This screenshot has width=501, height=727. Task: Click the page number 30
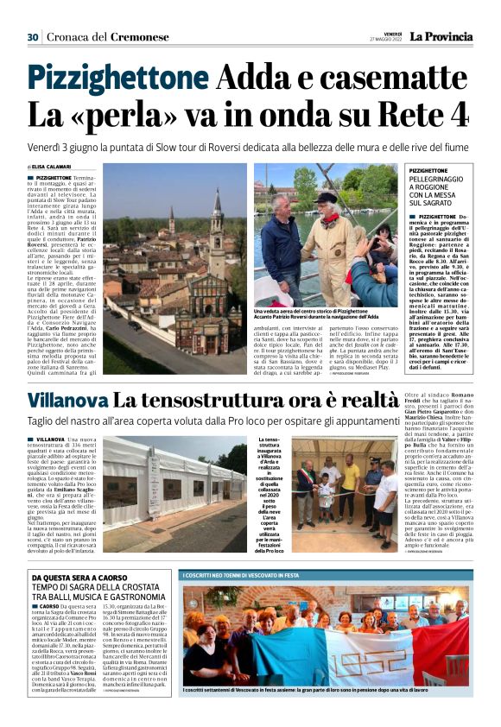(x=33, y=36)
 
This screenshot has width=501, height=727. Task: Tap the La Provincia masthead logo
(x=441, y=36)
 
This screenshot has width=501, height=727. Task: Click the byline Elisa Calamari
(x=53, y=167)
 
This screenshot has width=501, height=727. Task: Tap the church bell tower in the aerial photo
(x=215, y=224)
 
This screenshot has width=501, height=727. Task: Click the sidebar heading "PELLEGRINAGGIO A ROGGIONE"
(x=439, y=189)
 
